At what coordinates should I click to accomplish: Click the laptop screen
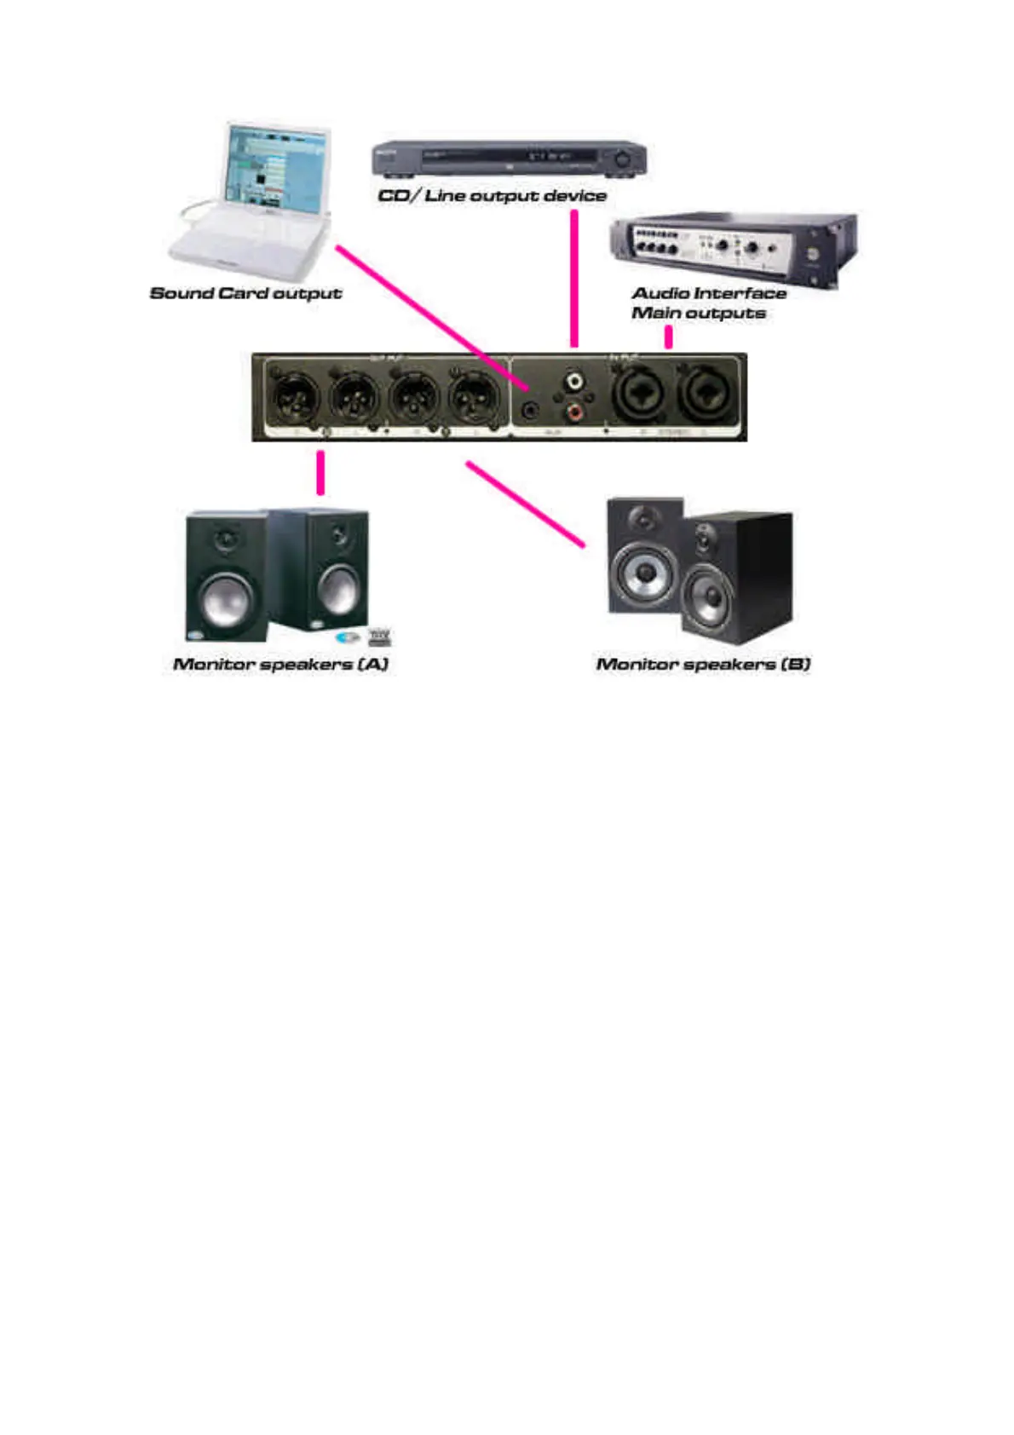pyautogui.click(x=276, y=171)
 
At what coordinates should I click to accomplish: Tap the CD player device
pyautogui.click(x=509, y=158)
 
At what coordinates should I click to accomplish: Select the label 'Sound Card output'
pyautogui.click(x=245, y=293)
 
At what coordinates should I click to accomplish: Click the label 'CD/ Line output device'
pyautogui.click(x=492, y=196)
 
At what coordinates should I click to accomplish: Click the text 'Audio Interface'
pyautogui.click(x=709, y=293)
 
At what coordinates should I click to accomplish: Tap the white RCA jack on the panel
pyautogui.click(x=575, y=380)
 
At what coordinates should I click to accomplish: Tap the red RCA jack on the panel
pyautogui.click(x=575, y=413)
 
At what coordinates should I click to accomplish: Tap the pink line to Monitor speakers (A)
pyautogui.click(x=320, y=472)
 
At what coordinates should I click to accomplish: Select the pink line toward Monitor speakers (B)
pyautogui.click(x=525, y=504)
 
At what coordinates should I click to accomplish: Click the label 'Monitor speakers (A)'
pyautogui.click(x=280, y=664)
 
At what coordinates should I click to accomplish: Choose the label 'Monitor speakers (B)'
pyautogui.click(x=703, y=664)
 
